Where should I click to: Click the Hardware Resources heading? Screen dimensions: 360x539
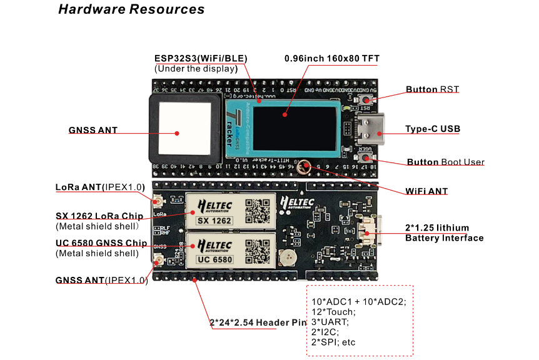131,9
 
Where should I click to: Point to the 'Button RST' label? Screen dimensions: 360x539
432,89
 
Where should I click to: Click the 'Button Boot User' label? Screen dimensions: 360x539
445,162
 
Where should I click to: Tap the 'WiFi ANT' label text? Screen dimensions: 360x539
426,191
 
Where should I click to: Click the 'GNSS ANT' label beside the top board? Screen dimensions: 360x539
93,131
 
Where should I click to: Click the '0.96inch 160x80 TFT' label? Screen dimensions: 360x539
331,59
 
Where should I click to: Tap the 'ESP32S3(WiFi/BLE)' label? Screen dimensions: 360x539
201,58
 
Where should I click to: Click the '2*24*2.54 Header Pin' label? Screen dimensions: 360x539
258,322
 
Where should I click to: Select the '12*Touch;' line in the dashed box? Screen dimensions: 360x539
333,312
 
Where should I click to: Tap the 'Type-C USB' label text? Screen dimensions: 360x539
432,129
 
